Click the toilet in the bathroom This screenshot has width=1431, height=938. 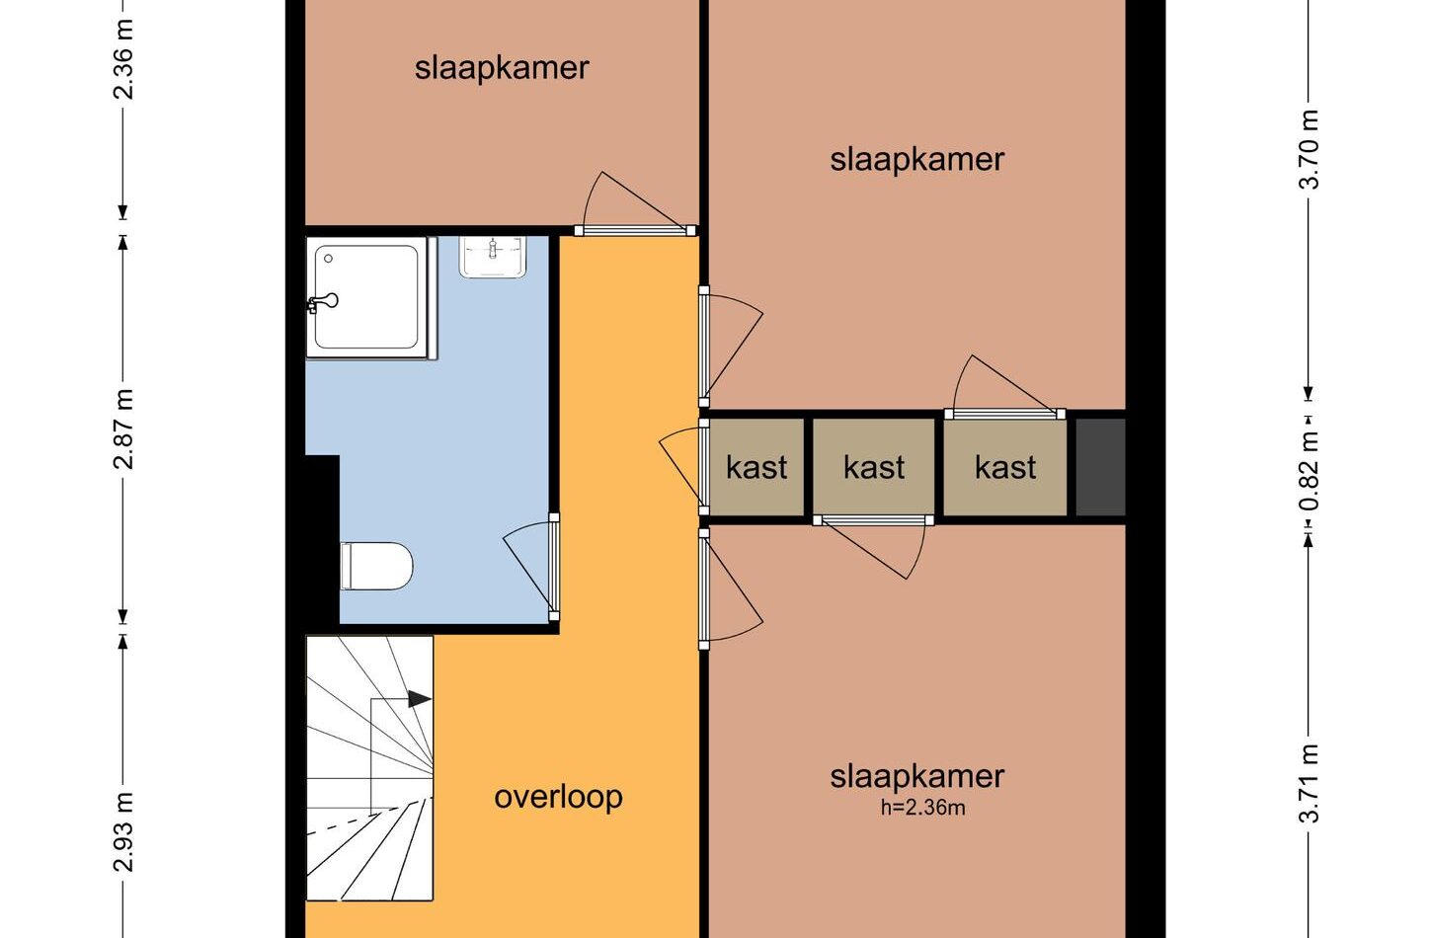(x=376, y=566)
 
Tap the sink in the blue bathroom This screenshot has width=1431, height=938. (x=493, y=258)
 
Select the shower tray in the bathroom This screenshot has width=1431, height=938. (x=366, y=297)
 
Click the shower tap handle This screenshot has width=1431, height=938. (x=323, y=302)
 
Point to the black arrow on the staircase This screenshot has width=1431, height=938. (x=420, y=698)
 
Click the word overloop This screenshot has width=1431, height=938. (x=558, y=797)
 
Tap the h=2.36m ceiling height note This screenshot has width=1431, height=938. (x=923, y=808)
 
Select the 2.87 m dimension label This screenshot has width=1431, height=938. (x=123, y=430)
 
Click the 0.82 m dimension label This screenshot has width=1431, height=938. (x=1309, y=471)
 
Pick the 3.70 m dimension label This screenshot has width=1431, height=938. (x=1309, y=149)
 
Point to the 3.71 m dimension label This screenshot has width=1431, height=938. (x=1309, y=783)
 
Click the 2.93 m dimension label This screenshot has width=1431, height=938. (x=123, y=831)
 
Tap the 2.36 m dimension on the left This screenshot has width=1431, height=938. (x=123, y=59)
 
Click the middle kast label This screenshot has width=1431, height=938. (x=874, y=467)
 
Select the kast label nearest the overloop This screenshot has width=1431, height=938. (x=756, y=467)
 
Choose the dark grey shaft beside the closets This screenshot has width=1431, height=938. (x=1100, y=467)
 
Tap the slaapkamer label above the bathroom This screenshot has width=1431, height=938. (x=502, y=68)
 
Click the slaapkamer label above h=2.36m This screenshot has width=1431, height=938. (x=917, y=777)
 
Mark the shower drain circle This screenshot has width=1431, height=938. (x=328, y=259)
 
